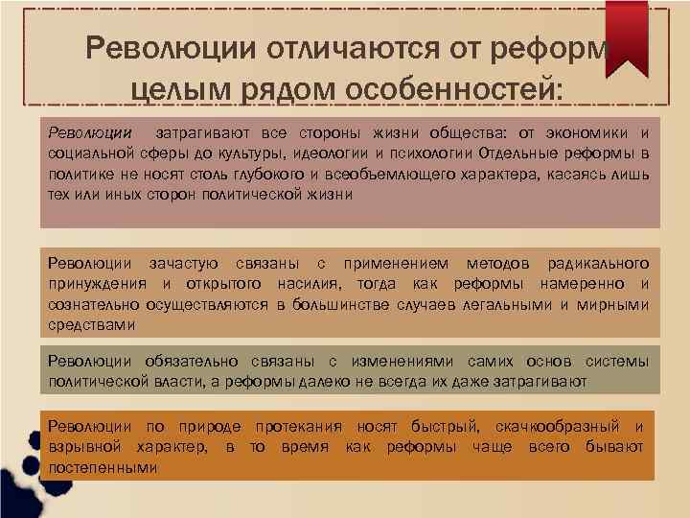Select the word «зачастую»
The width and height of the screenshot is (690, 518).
pos(183,263)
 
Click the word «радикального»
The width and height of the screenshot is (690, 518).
pos(597,263)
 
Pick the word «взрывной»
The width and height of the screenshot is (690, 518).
pos(84,447)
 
